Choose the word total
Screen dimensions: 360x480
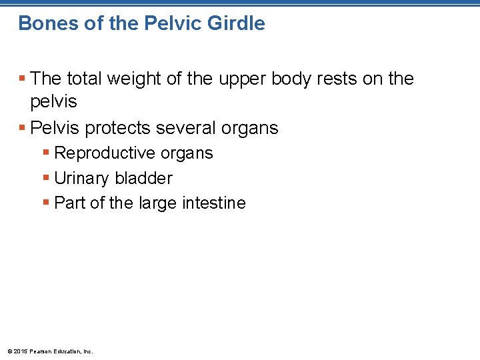[x=87, y=79]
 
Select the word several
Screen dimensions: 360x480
[x=187, y=127]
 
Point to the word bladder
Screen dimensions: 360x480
[x=143, y=178]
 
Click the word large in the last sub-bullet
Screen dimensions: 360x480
[x=159, y=203]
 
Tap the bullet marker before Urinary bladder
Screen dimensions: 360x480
[x=45, y=179]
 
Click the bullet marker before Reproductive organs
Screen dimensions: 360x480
[x=45, y=153]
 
